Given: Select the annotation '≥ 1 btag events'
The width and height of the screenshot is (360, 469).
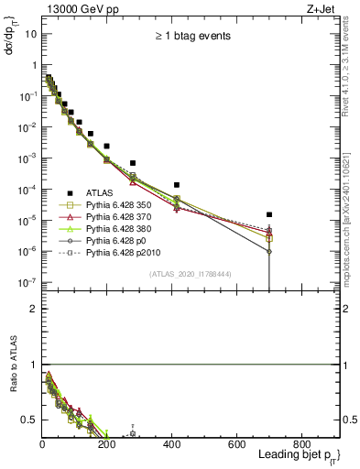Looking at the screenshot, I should tap(191, 36).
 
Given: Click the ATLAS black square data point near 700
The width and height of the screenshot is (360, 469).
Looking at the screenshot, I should tap(268, 214).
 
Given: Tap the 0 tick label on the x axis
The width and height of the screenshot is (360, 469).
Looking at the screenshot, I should tap(42, 444).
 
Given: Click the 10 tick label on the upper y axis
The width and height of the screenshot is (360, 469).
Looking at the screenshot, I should tap(30, 34).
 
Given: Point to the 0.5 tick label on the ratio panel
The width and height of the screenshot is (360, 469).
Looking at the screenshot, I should tap(28, 420).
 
